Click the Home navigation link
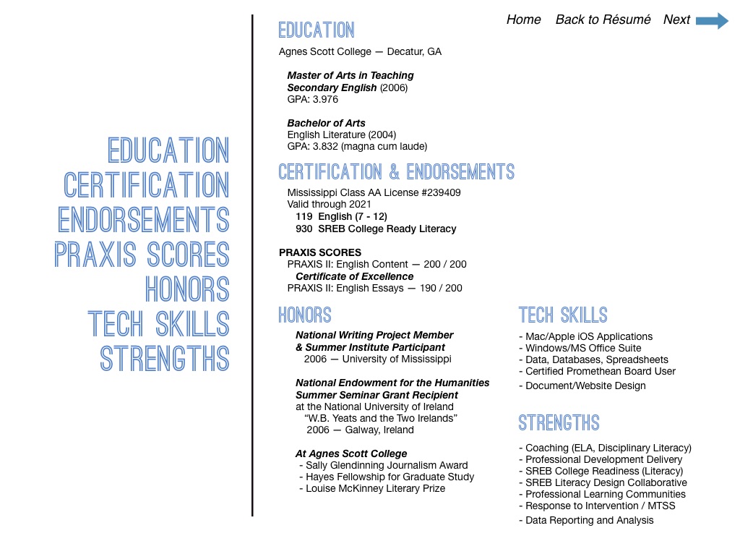(x=523, y=20)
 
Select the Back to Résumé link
(x=603, y=20)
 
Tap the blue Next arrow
(x=712, y=20)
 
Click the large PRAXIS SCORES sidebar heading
(x=142, y=255)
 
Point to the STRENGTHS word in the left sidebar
(x=165, y=359)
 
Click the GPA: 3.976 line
(x=312, y=99)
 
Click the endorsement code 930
(x=304, y=229)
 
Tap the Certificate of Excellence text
(x=354, y=276)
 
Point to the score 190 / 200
(x=443, y=288)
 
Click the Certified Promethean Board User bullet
(x=597, y=371)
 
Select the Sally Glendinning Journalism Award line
(x=383, y=465)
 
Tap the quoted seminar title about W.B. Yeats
(x=381, y=418)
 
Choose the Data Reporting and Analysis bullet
(x=586, y=520)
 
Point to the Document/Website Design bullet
(x=582, y=385)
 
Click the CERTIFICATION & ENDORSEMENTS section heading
(x=396, y=172)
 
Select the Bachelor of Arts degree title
(x=326, y=123)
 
